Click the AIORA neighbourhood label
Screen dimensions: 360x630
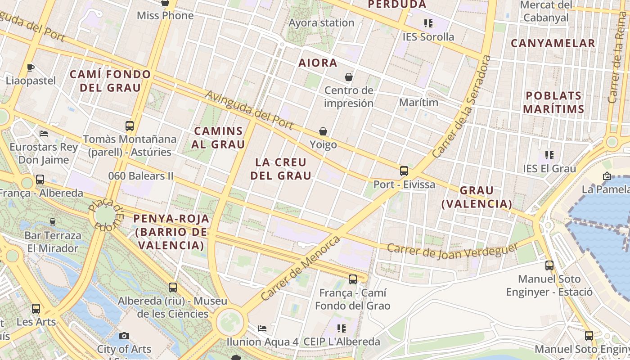click(x=318, y=63)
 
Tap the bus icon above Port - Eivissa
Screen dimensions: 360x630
click(x=404, y=171)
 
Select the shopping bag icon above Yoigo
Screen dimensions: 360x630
click(x=323, y=131)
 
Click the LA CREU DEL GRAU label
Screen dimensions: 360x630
click(x=281, y=169)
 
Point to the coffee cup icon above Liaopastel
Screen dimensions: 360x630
click(x=31, y=67)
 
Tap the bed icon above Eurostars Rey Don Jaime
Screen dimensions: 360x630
click(x=44, y=134)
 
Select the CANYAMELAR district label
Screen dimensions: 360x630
click(x=553, y=44)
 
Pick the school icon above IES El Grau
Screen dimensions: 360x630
click(x=549, y=155)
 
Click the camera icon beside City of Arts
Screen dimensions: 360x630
click(x=124, y=336)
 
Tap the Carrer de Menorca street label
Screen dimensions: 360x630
click(x=301, y=268)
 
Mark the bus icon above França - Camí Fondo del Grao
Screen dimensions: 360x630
click(x=353, y=279)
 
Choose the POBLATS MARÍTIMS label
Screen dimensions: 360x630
click(x=553, y=102)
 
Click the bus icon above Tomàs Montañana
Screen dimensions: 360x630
click(x=130, y=126)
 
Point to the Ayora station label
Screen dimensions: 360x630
click(x=321, y=22)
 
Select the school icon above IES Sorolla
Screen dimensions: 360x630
click(x=428, y=23)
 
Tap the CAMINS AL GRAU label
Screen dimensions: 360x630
click(x=218, y=138)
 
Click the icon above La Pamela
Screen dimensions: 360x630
click(x=607, y=176)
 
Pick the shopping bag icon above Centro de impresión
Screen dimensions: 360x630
click(x=349, y=77)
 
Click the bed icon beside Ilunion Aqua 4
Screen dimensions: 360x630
click(x=262, y=328)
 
